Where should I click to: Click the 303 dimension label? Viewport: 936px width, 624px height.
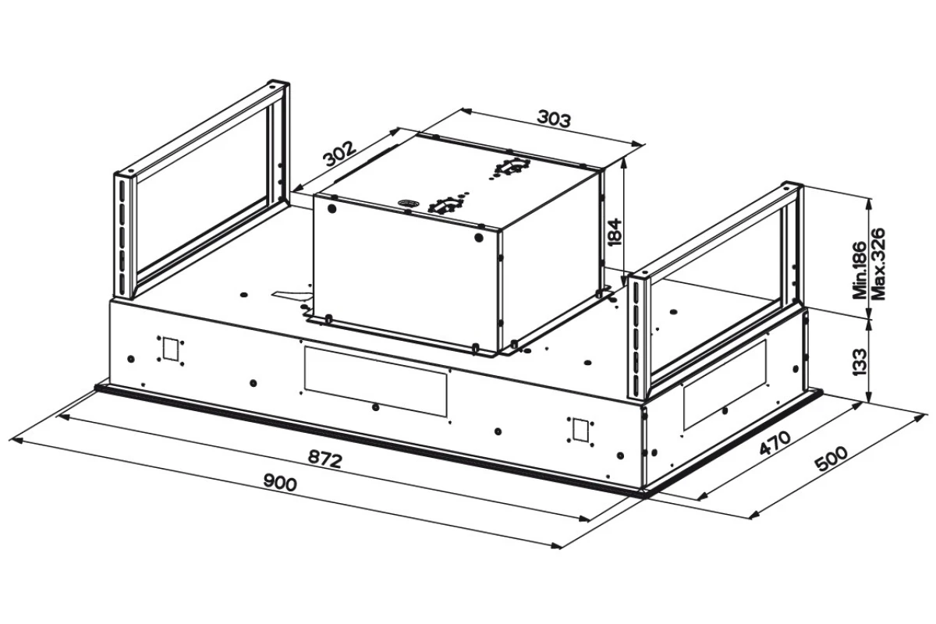[x=553, y=119]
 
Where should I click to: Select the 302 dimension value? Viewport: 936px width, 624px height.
[x=340, y=154]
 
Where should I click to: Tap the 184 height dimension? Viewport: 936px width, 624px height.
[x=613, y=232]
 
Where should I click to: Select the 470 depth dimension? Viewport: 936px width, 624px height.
[x=775, y=443]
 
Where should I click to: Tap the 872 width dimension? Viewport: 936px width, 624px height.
[x=325, y=459]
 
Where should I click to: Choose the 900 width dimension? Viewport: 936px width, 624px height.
[x=280, y=483]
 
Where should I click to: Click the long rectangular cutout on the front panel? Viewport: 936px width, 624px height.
[x=376, y=381]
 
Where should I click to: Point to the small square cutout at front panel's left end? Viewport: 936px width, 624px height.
[x=170, y=349]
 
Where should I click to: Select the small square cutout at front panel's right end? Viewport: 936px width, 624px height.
[x=580, y=429]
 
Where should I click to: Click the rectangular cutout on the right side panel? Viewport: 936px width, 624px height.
[x=725, y=384]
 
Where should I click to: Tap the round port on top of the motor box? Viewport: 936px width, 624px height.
[x=407, y=204]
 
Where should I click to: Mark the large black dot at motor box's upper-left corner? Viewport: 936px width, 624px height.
[x=332, y=208]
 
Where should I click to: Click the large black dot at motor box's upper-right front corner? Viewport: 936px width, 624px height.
[x=479, y=238]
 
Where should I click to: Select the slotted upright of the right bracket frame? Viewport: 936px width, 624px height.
[x=636, y=337]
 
